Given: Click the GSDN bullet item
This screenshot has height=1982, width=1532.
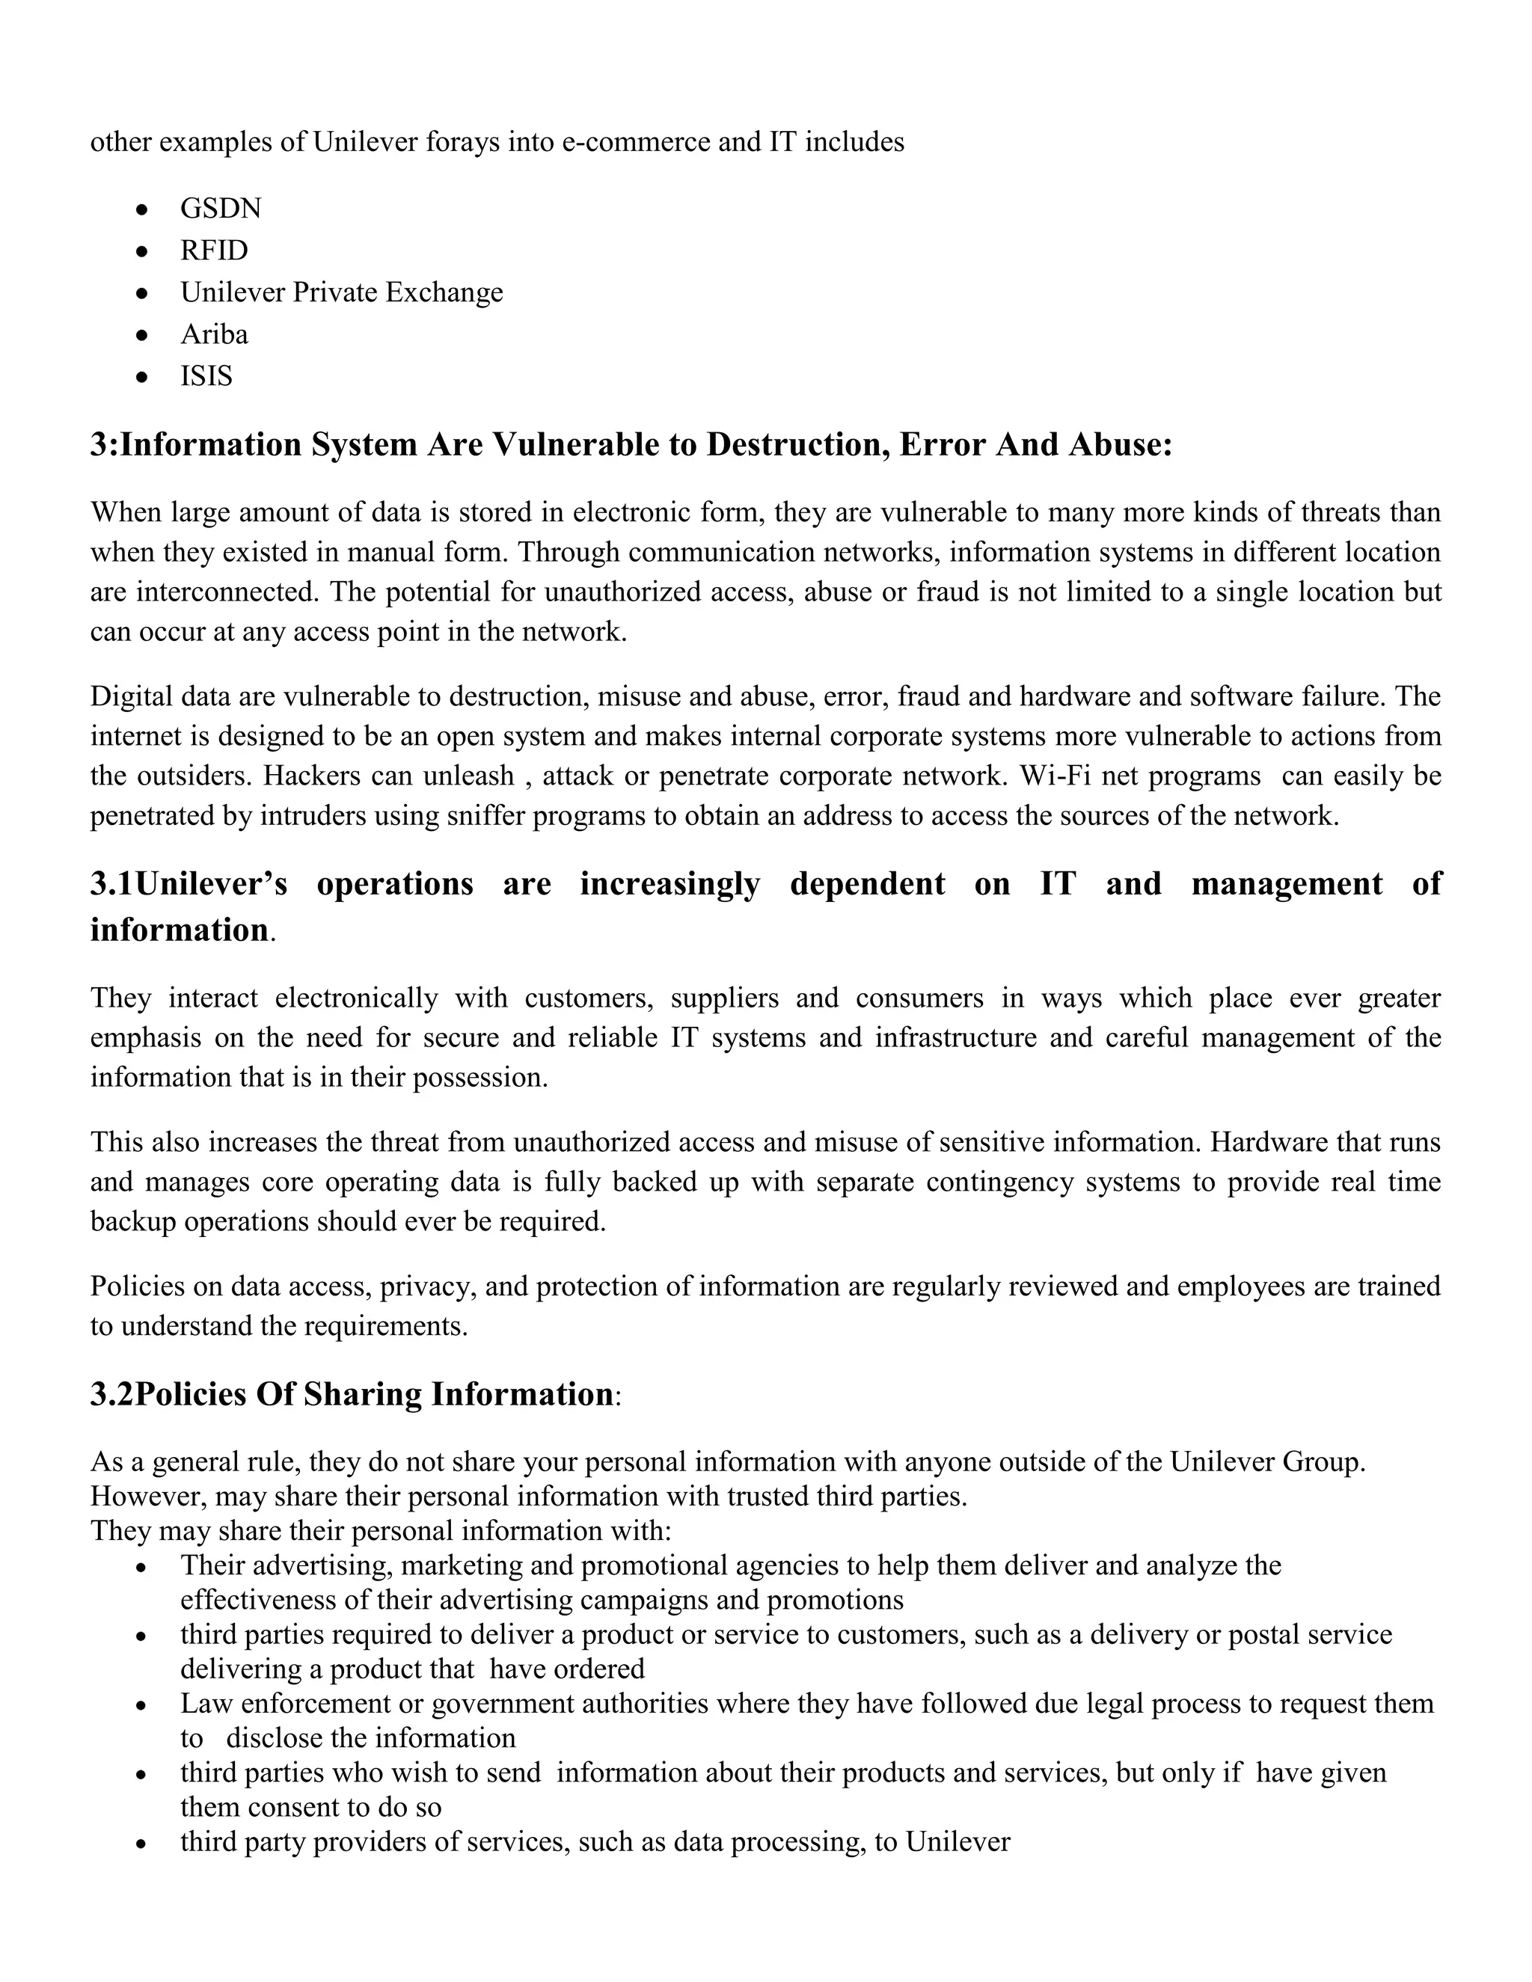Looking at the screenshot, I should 221,209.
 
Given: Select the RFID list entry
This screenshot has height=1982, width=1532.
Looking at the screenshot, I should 214,251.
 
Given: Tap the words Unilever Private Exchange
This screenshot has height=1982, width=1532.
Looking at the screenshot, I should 341,292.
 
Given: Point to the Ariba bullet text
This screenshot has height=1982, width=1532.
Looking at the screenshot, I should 214,335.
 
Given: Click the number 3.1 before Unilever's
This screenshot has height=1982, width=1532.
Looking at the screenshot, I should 111,884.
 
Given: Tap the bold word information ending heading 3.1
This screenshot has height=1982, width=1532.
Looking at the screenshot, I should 179,930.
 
